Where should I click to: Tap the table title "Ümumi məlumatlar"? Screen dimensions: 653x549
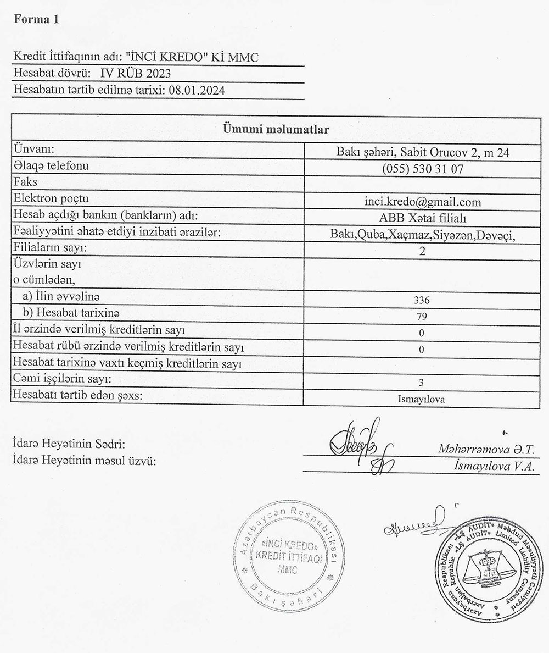tap(276, 130)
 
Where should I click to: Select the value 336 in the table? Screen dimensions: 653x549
tap(422, 301)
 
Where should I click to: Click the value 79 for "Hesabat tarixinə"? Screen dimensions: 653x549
tap(422, 317)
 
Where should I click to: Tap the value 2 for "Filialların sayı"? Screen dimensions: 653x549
tap(422, 253)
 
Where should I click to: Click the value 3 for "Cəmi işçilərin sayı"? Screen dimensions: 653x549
tap(422, 381)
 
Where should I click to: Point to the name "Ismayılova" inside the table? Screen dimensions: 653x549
tap(422, 398)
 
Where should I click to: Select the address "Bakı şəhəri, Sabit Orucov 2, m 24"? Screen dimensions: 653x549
tap(422, 153)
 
